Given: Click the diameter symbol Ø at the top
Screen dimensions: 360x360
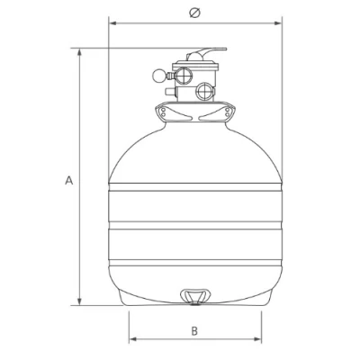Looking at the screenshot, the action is [x=195, y=13].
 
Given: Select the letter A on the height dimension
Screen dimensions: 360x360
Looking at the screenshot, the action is [x=69, y=181].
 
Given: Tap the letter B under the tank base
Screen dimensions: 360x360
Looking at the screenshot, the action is [x=194, y=331].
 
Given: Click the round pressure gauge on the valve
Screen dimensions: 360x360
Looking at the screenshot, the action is [x=158, y=76].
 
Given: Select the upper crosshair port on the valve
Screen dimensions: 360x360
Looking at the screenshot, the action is [x=184, y=76].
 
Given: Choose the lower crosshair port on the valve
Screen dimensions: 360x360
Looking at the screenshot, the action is [x=205, y=91].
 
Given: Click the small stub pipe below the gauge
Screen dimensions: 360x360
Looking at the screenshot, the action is [x=170, y=91].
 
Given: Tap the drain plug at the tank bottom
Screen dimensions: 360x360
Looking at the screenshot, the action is [x=195, y=297].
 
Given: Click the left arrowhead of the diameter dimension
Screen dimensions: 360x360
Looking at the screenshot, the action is [x=112, y=23].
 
